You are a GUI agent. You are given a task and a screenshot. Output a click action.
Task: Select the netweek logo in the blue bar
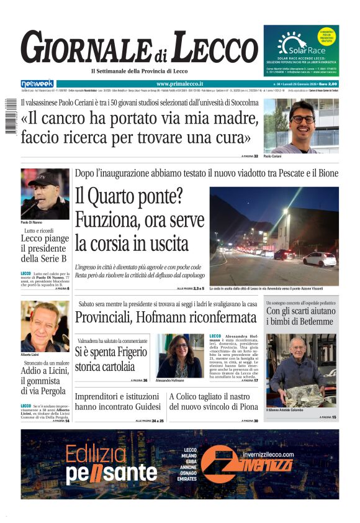point(37,84)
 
